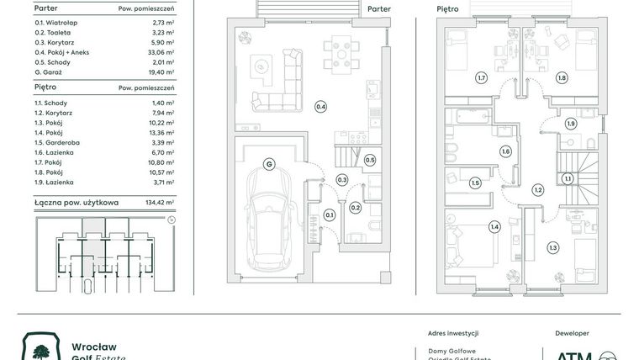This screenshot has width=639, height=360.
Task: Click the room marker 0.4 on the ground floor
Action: [320, 107]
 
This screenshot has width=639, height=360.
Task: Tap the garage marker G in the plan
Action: [269, 164]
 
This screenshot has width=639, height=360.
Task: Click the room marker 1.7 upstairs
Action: [481, 78]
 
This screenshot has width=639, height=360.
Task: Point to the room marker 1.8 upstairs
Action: [562, 78]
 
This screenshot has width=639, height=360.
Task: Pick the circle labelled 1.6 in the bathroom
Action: [505, 151]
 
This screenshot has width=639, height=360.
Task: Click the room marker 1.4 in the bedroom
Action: [494, 226]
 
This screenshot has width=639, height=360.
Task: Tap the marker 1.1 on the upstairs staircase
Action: [568, 178]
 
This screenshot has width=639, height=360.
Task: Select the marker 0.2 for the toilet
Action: [355, 208]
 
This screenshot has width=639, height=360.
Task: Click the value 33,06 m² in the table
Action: [159, 52]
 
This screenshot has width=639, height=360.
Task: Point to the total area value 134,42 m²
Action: [158, 202]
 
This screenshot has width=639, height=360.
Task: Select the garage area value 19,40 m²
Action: [159, 73]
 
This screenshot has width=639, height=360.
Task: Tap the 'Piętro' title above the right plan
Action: [447, 9]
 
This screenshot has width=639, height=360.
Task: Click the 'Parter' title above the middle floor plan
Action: [379, 9]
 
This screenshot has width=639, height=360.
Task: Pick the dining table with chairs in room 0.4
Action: [338, 53]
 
